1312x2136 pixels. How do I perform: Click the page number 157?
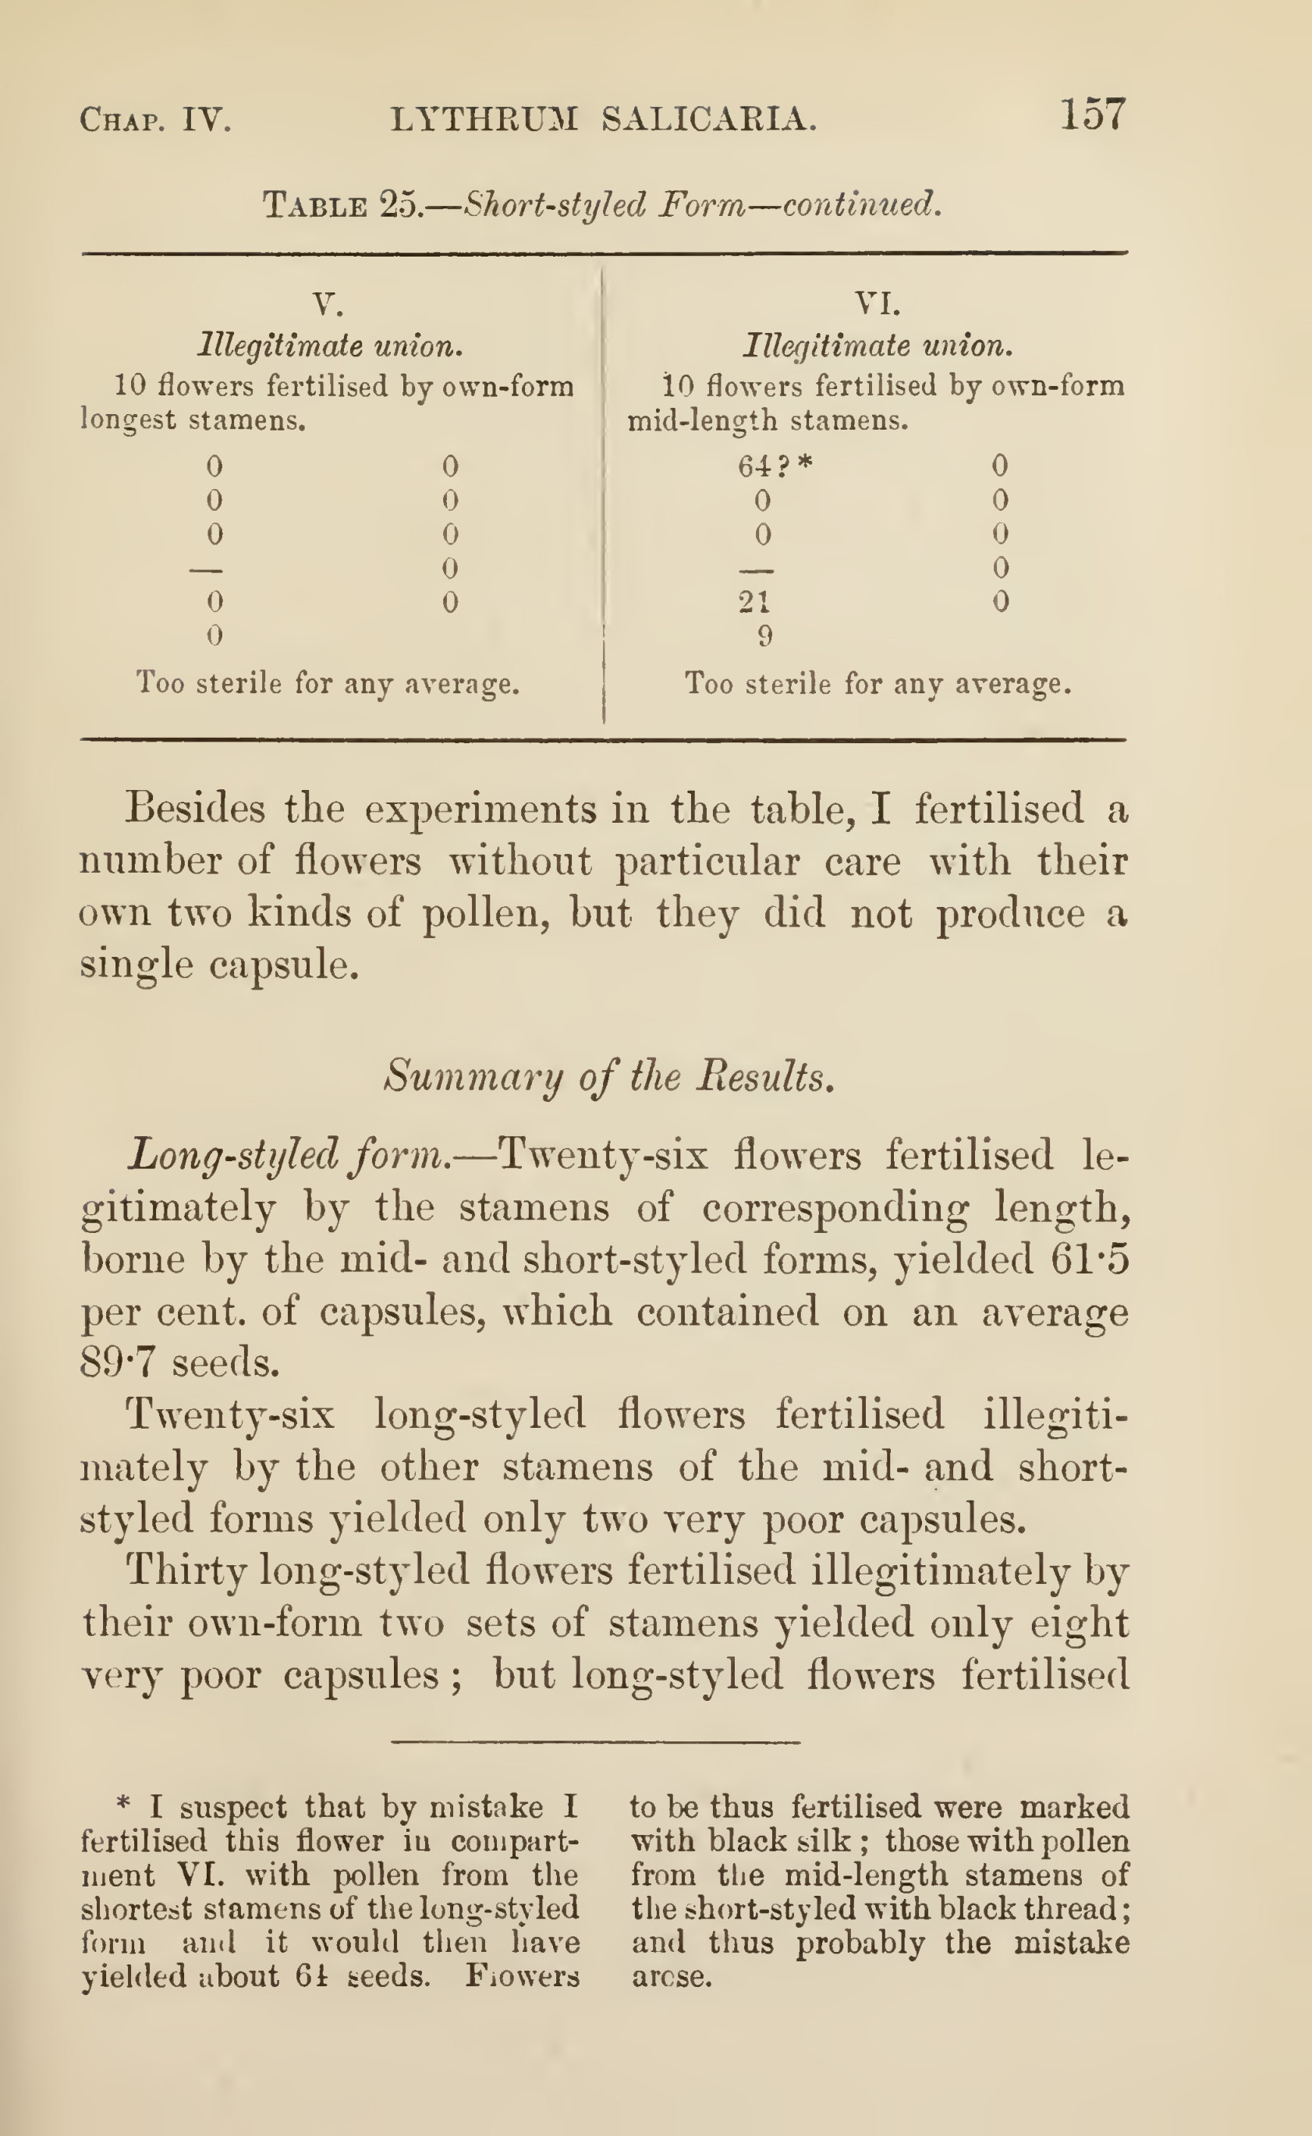click(x=1093, y=115)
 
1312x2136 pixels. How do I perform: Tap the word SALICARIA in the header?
click(x=709, y=119)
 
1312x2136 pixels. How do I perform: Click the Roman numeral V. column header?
click(x=327, y=303)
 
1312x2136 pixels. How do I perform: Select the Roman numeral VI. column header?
click(x=878, y=303)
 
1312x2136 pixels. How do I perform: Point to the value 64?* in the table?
click(x=775, y=467)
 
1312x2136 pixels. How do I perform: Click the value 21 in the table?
click(x=754, y=601)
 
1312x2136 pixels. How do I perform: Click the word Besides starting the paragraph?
click(x=194, y=809)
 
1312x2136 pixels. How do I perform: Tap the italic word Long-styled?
click(x=232, y=1156)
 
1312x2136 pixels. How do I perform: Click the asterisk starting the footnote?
click(x=123, y=1807)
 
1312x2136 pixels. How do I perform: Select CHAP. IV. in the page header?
click(x=155, y=119)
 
